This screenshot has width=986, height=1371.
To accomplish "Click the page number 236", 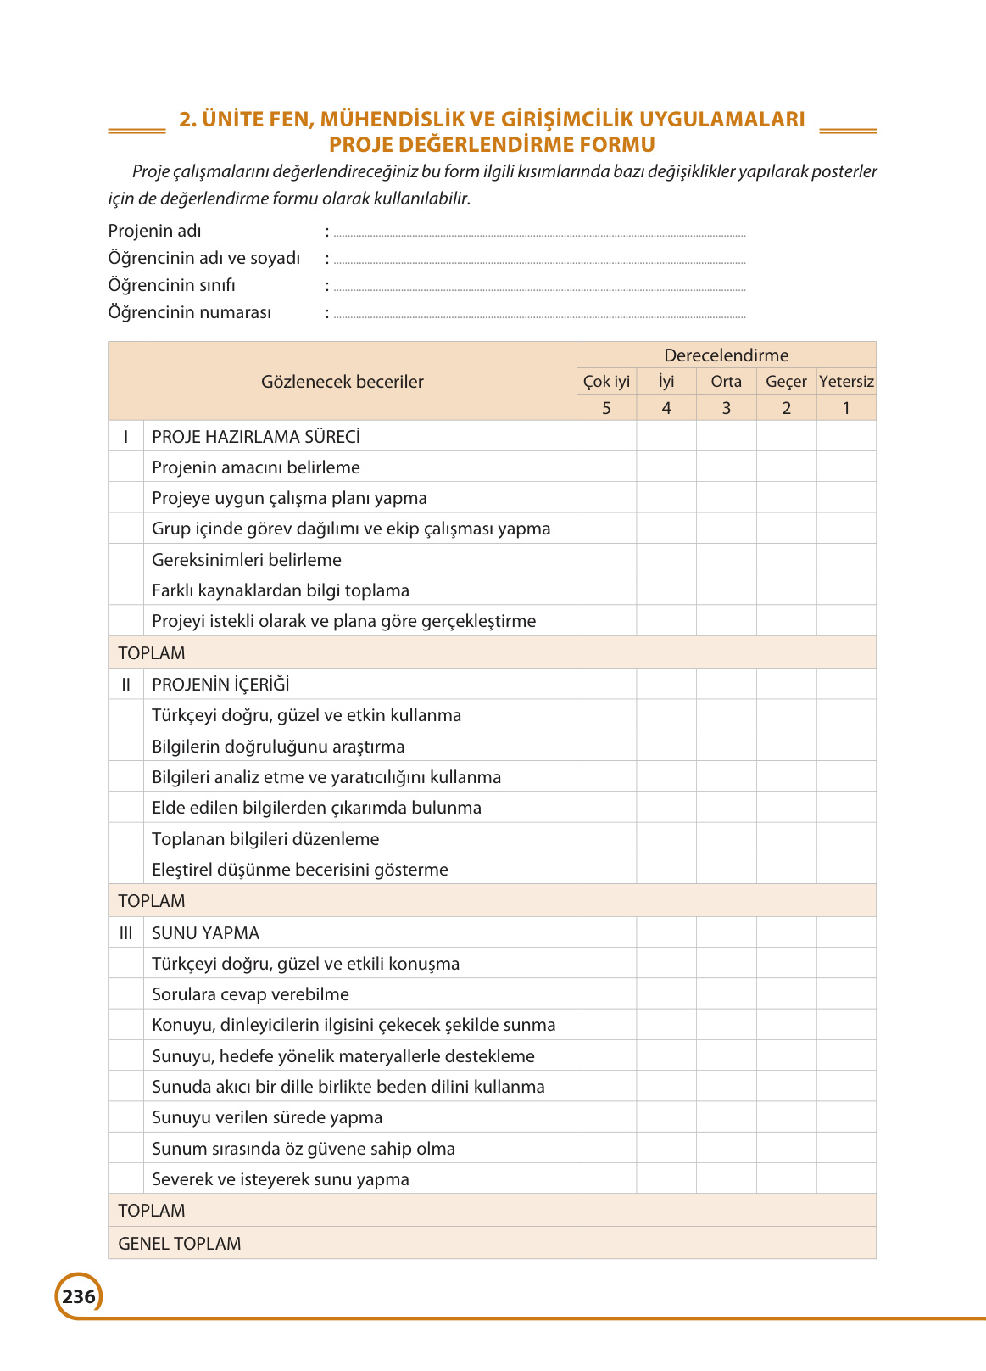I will (x=79, y=1296).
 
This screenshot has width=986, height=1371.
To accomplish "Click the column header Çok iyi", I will (x=606, y=382).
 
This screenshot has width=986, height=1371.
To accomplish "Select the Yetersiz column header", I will (x=846, y=382).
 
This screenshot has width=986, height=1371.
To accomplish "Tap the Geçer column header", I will (x=786, y=382).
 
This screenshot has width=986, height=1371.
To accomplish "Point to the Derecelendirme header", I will (x=726, y=355).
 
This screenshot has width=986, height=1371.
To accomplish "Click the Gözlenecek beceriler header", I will (x=343, y=382).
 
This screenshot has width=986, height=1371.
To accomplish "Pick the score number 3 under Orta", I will (x=726, y=408).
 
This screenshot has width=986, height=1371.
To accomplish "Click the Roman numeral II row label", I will (x=125, y=685).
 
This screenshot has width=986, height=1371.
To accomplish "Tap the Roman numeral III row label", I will (x=125, y=933).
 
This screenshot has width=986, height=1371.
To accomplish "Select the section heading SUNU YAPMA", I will (x=206, y=933).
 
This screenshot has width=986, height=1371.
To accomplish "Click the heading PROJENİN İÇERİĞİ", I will (x=220, y=685).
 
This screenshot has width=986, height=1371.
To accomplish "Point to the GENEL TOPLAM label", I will (x=180, y=1244).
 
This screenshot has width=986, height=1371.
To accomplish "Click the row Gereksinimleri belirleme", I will (x=247, y=560).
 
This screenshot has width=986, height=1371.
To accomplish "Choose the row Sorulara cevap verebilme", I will (x=250, y=994).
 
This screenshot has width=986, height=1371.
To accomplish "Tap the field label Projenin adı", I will (x=154, y=231).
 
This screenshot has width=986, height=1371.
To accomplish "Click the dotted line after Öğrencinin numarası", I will (x=539, y=316).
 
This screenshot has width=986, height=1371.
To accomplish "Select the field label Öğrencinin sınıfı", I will (x=171, y=285).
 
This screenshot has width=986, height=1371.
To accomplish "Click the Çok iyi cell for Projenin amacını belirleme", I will (x=606, y=467).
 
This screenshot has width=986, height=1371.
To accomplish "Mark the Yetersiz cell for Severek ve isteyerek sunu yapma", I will (x=846, y=1179).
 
